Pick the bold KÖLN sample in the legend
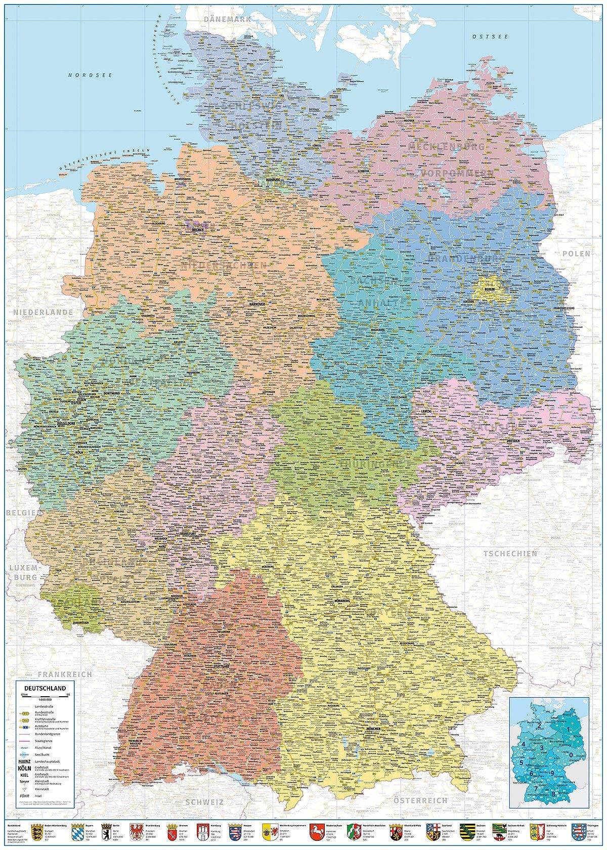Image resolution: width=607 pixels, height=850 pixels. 24,768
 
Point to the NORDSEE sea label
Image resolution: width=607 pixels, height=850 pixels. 90,75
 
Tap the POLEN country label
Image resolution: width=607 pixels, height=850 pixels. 576,253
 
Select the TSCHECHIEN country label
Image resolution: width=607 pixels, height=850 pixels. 510,554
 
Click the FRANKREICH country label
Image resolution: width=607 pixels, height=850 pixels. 65,674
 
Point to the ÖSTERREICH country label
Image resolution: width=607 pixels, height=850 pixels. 420,800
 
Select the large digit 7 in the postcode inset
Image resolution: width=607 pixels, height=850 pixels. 536,788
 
